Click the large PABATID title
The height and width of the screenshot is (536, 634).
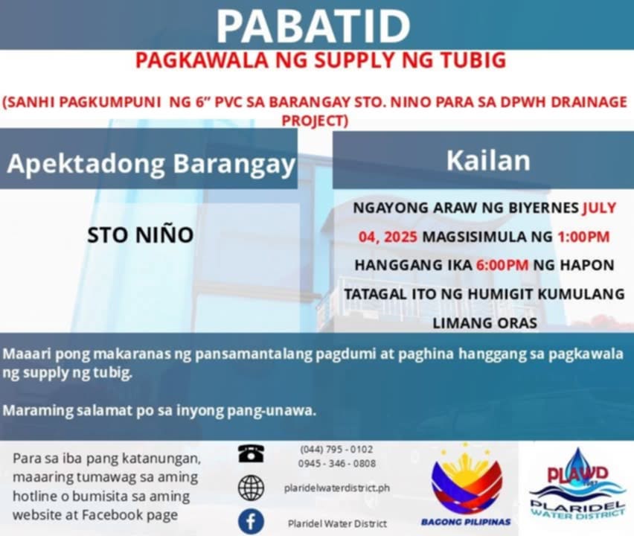314,26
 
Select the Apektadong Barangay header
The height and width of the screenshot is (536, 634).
151,163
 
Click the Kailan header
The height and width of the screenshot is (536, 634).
488,161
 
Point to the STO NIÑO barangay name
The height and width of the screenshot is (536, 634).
141,234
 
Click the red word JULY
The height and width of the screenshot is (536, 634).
599,208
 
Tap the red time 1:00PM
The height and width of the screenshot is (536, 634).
583,236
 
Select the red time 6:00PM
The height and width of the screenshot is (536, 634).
502,265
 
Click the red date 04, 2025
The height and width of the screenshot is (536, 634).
388,236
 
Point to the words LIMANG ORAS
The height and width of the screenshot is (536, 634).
484,323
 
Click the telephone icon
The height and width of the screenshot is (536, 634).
251,453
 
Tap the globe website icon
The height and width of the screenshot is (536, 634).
251,488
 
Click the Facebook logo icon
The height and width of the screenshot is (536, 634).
251,522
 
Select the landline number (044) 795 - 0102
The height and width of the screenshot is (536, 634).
336,450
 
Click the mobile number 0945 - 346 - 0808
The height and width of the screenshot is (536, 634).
337,463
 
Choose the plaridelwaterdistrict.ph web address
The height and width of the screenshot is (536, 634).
337,488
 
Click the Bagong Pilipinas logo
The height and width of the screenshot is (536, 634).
467,485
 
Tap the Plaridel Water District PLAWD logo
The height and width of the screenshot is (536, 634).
577,483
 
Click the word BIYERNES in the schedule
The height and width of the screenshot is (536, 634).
543,208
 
